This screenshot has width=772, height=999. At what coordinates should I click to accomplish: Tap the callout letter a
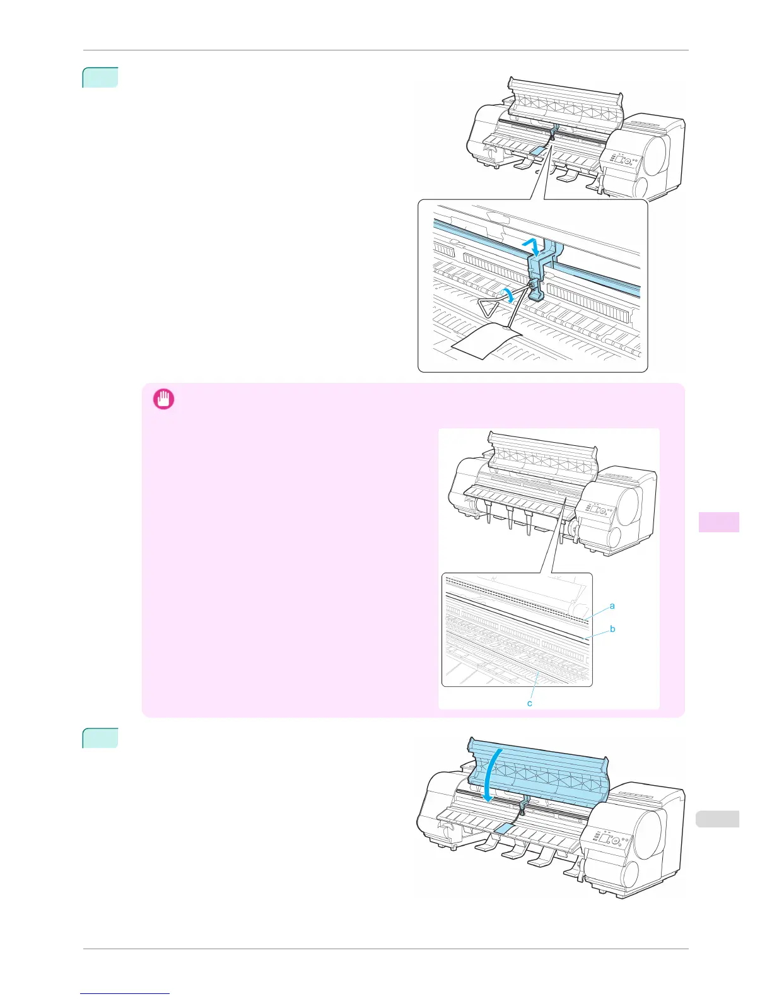coord(612,606)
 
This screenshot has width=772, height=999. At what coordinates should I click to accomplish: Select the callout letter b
coord(612,629)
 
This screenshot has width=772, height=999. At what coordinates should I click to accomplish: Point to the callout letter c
coord(530,703)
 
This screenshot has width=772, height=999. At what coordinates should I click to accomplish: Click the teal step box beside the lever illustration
coord(100,78)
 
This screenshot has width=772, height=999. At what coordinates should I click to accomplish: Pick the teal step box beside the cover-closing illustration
coord(100,739)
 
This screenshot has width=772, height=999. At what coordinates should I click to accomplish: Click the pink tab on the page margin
coord(718,522)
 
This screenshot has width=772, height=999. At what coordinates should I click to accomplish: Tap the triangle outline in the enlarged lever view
coord(490,308)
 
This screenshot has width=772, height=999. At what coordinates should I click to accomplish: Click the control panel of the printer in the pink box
coord(596,510)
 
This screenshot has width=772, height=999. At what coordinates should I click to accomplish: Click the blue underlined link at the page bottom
coord(125,994)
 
